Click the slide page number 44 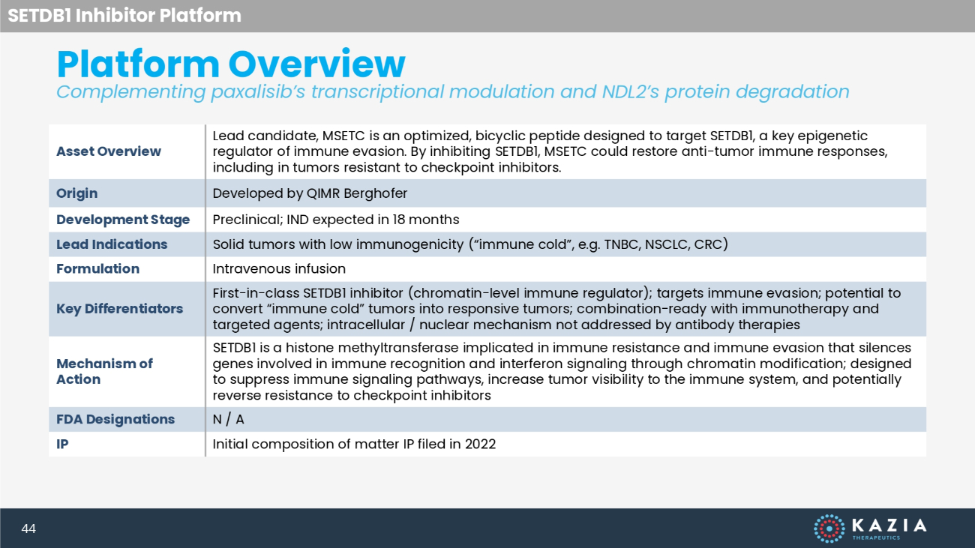point(28,529)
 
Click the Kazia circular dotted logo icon point(829,529)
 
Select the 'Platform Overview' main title point(231,64)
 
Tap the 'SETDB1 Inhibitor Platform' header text point(124,15)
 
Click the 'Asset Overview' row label point(109,151)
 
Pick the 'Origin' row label point(76,193)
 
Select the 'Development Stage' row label point(123,220)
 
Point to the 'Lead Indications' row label point(112,244)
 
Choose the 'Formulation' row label point(97,269)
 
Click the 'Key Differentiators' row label point(119,309)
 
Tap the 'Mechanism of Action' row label point(104,371)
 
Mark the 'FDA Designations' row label point(115,419)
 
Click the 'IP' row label point(62,444)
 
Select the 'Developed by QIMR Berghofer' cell point(310,193)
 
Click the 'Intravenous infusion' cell point(279,269)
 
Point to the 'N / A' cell point(228,419)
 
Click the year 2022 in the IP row point(480,444)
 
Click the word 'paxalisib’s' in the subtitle point(258,92)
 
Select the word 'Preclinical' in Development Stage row point(248,220)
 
